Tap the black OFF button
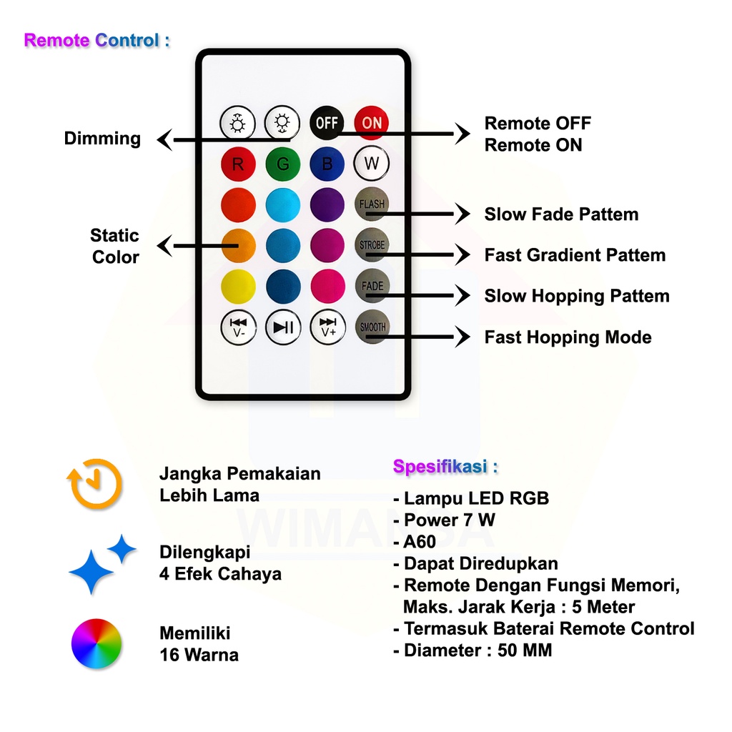(x=327, y=123)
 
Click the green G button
(x=283, y=164)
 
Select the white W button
(x=372, y=163)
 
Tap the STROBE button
(x=372, y=245)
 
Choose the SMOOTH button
(x=372, y=327)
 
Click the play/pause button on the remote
(x=283, y=327)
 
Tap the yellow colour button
(x=238, y=286)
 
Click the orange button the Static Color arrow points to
(x=238, y=245)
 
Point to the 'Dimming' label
(x=102, y=139)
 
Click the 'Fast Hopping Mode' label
(x=568, y=337)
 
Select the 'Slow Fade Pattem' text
(x=561, y=214)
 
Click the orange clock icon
(x=95, y=484)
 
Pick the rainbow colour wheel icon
(x=97, y=643)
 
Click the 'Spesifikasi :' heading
(x=445, y=468)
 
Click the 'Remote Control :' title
(x=97, y=41)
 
